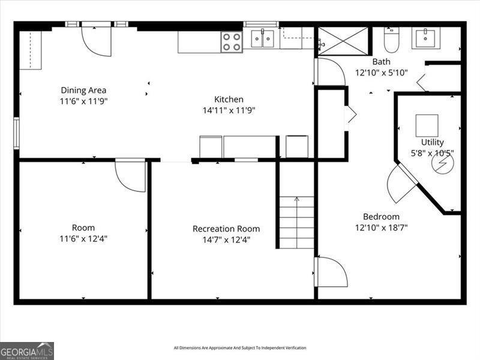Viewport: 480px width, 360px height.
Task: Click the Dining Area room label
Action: [x=83, y=91]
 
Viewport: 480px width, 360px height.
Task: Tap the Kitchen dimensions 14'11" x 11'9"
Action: [x=229, y=110]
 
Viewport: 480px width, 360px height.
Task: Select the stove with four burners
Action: [x=231, y=41]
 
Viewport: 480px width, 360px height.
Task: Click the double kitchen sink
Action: [x=262, y=39]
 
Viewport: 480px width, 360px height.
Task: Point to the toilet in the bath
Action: [x=392, y=39]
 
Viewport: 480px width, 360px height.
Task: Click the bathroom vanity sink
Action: [x=425, y=37]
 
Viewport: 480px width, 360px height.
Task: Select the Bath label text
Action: [x=381, y=62]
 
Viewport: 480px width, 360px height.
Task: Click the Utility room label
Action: [x=432, y=142]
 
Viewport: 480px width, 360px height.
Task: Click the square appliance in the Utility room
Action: [x=427, y=125]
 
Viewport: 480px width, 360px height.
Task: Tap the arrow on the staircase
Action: [x=296, y=200]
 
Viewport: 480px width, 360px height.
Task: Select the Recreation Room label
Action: [x=226, y=229]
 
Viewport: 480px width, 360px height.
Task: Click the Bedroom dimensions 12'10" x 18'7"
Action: [x=382, y=227]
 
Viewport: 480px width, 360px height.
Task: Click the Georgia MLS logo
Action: [x=27, y=350]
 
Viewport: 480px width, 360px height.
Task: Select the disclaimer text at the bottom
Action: [x=240, y=348]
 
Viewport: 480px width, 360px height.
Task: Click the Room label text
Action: [x=83, y=227]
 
